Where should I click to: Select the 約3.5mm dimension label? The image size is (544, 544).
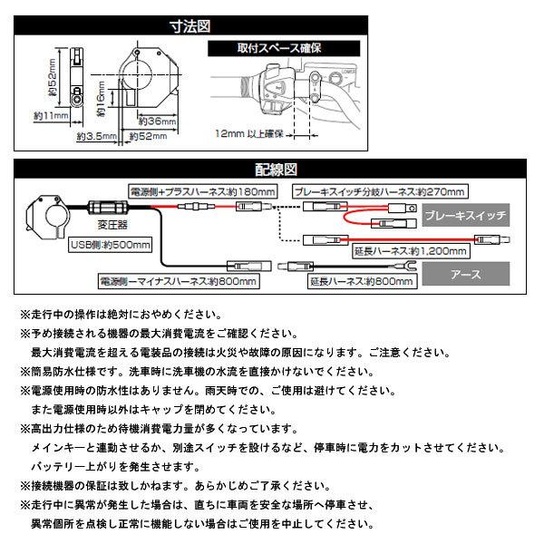(92, 136)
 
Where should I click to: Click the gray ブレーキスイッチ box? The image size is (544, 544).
(464, 216)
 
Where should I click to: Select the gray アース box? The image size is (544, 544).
(464, 271)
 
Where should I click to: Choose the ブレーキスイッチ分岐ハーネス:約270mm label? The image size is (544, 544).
(381, 192)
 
